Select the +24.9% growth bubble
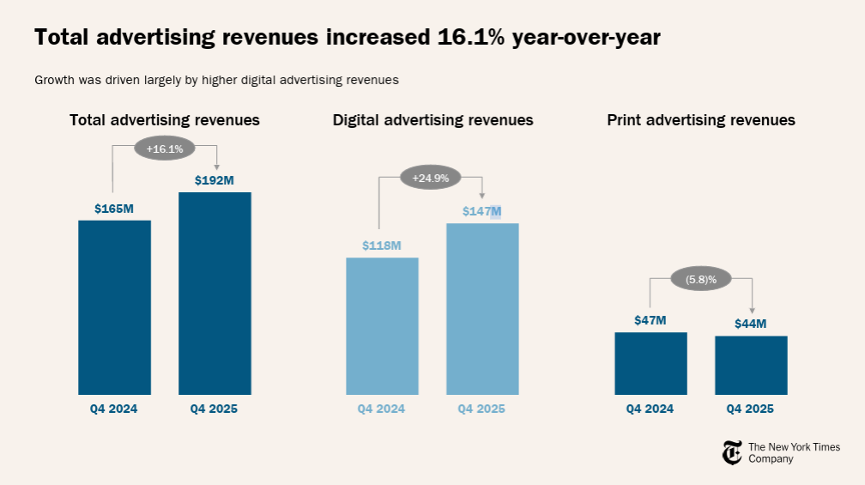point(430,179)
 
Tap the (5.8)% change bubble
point(699,279)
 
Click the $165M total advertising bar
point(114,306)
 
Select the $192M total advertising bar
point(215,293)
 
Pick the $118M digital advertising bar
point(382,325)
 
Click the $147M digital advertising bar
point(482,308)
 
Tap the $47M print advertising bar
point(650,363)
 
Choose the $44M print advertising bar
point(751,365)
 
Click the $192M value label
point(215,179)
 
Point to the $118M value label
point(382,246)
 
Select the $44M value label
point(751,324)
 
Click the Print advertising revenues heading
point(701,120)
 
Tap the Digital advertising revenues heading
point(433,120)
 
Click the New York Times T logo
point(732,452)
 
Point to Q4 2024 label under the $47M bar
point(650,409)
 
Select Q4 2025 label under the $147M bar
point(482,409)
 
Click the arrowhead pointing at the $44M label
point(752,310)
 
